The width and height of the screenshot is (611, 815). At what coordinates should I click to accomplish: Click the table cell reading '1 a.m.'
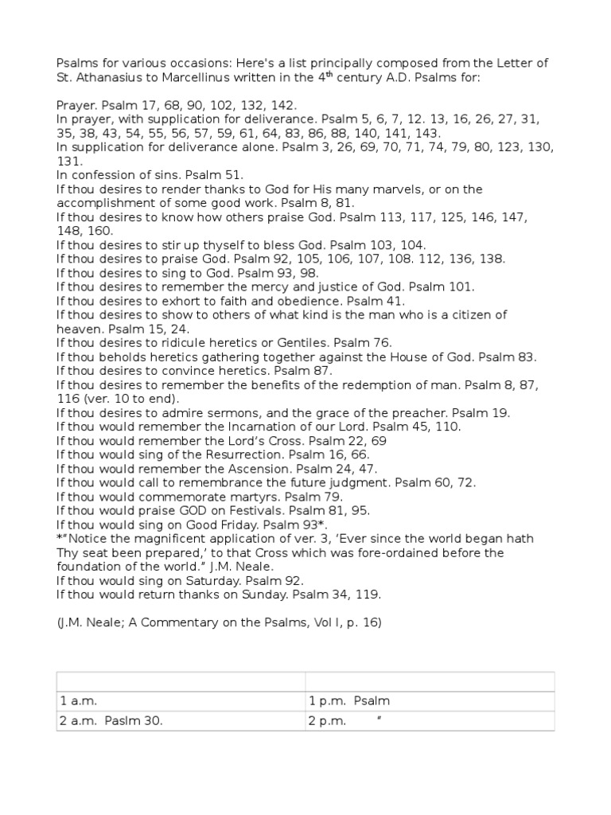(x=181, y=701)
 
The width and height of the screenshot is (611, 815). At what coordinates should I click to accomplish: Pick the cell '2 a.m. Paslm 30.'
(x=181, y=720)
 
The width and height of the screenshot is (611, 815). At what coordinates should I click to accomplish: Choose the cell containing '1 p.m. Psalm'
(x=430, y=701)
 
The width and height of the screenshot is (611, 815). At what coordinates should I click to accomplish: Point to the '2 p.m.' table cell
(x=430, y=720)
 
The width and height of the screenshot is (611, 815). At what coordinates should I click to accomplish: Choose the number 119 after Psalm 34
(x=370, y=595)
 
